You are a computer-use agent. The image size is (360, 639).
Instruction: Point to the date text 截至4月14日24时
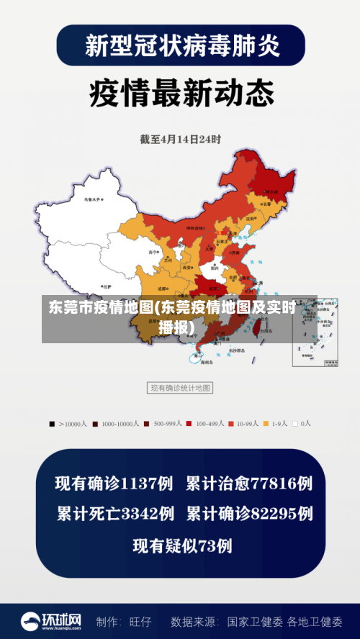pos(180,139)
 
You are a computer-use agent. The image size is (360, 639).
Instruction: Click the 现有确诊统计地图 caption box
pos(180,389)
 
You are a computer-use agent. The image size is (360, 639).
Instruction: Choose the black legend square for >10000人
pos(52,425)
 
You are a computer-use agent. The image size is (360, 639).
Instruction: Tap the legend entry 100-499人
pos(210,425)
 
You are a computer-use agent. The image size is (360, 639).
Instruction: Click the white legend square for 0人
pos(295,425)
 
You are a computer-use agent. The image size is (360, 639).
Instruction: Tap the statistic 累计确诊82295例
pos(249,515)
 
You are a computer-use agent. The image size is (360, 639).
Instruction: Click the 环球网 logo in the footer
pos(51,620)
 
